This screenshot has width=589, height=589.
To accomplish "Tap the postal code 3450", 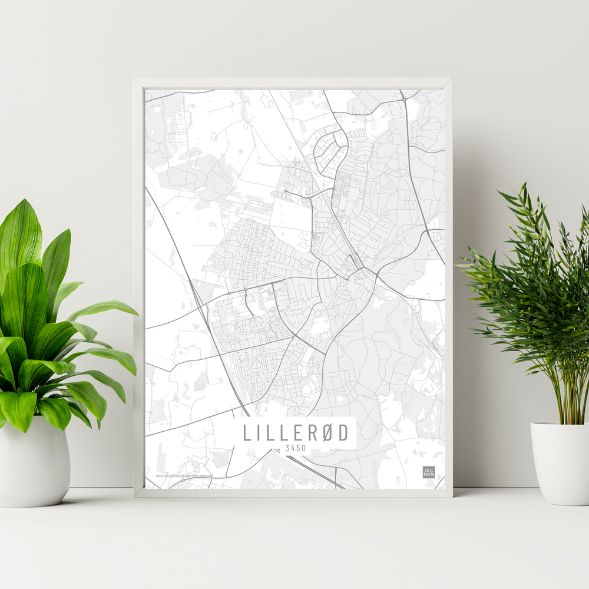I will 294,448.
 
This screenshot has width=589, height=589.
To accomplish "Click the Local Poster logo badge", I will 429,472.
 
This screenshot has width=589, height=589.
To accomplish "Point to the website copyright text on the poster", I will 183,475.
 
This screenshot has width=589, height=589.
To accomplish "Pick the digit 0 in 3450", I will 303,448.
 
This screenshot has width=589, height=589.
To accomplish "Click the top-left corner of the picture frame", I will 135,80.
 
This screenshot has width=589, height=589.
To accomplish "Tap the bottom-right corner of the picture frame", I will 451,496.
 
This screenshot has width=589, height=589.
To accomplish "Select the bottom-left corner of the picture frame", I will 135,496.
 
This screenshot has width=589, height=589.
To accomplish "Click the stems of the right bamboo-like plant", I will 568,395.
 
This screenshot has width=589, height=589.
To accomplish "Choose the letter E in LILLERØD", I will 294,432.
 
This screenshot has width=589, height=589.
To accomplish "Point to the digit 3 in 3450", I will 286,448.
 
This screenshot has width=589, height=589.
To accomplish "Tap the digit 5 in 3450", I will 297,448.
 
